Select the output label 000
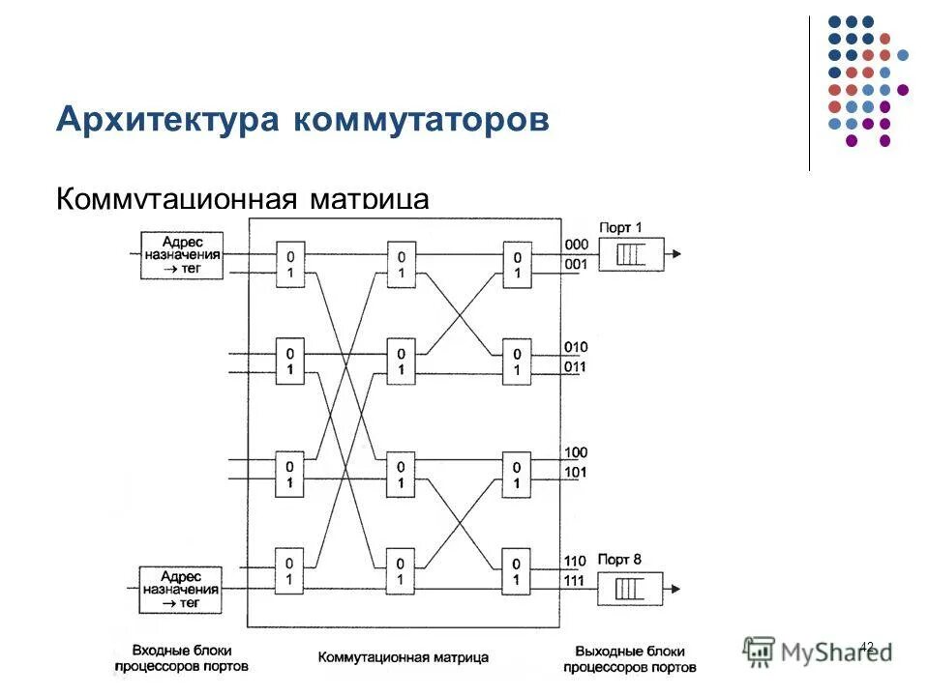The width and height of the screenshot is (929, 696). tap(577, 245)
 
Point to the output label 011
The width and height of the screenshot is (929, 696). tap(577, 366)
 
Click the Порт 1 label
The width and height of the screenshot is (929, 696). tap(620, 227)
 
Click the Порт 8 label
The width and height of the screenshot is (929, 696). tap(620, 560)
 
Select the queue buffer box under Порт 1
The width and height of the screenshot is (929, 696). tap(630, 255)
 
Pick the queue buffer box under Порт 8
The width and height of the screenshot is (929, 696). tap(630, 588)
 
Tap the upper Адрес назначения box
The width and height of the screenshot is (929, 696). tap(181, 255)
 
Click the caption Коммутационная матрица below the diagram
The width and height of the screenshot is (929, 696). tap(404, 657)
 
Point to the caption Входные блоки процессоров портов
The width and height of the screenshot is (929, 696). tap(181, 658)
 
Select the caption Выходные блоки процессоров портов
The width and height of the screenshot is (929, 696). tap(629, 658)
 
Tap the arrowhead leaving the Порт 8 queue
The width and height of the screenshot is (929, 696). tap(675, 588)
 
